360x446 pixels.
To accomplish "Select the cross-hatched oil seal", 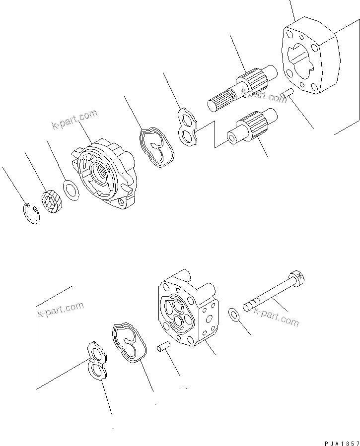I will tap(51, 202).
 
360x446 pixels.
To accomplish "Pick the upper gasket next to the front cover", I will tap(155, 147).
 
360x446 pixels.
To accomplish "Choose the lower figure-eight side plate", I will tap(98, 362).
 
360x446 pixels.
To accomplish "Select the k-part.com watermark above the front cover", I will tap(74, 120).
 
